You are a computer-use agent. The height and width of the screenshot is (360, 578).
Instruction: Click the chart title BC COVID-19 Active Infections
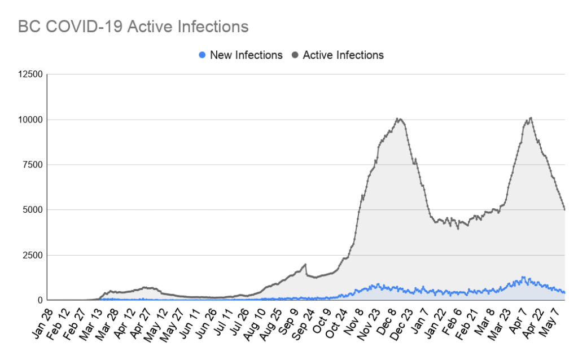pyautogui.click(x=133, y=27)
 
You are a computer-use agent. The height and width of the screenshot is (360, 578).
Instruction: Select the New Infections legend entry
pyautogui.click(x=241, y=55)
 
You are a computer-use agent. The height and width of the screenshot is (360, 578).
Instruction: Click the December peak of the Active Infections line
pyautogui.click(x=398, y=118)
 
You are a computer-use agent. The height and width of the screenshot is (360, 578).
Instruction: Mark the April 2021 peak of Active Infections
pyautogui.click(x=531, y=118)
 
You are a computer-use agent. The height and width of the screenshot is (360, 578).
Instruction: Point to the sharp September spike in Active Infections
pyautogui.click(x=305, y=264)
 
